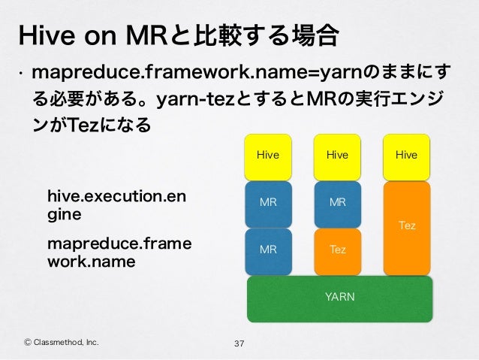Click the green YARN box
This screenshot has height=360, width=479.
tap(339, 298)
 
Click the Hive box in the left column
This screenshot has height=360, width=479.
tap(267, 156)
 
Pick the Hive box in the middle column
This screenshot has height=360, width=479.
tap(337, 156)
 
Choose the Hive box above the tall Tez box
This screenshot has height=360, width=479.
tap(407, 156)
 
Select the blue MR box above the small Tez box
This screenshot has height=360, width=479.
tap(337, 203)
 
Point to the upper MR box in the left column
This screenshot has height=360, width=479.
tap(267, 203)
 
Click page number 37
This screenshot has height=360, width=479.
tap(240, 344)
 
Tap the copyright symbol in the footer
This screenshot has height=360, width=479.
tap(29, 343)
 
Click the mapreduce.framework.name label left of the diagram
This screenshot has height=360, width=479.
tap(119, 253)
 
